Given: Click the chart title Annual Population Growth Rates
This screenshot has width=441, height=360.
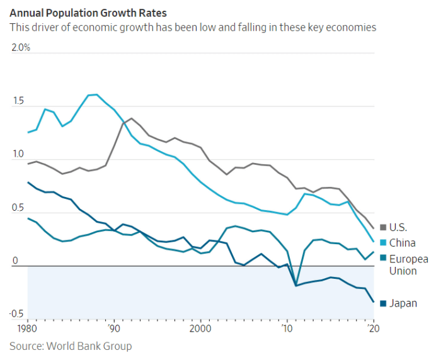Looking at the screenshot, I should click(x=88, y=12).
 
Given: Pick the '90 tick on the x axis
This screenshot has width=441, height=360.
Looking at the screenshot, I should click(x=113, y=328).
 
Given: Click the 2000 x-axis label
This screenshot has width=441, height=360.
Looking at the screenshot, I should click(x=200, y=328).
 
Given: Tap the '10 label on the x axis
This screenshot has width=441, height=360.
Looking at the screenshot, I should click(x=287, y=328).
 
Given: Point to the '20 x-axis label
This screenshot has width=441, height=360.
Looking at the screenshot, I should click(x=373, y=328).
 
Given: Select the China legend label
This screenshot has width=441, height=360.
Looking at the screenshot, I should click(x=403, y=243).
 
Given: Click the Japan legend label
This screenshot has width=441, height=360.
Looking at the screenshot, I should click(x=403, y=303).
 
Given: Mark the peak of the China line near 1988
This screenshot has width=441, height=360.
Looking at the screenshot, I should click(x=96, y=94).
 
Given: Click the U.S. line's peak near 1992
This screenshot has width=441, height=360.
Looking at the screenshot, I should click(x=131, y=118).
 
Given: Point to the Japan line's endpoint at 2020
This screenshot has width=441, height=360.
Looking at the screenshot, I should click(x=374, y=302).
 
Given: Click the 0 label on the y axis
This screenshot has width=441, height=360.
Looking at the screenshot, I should click(x=15, y=261).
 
